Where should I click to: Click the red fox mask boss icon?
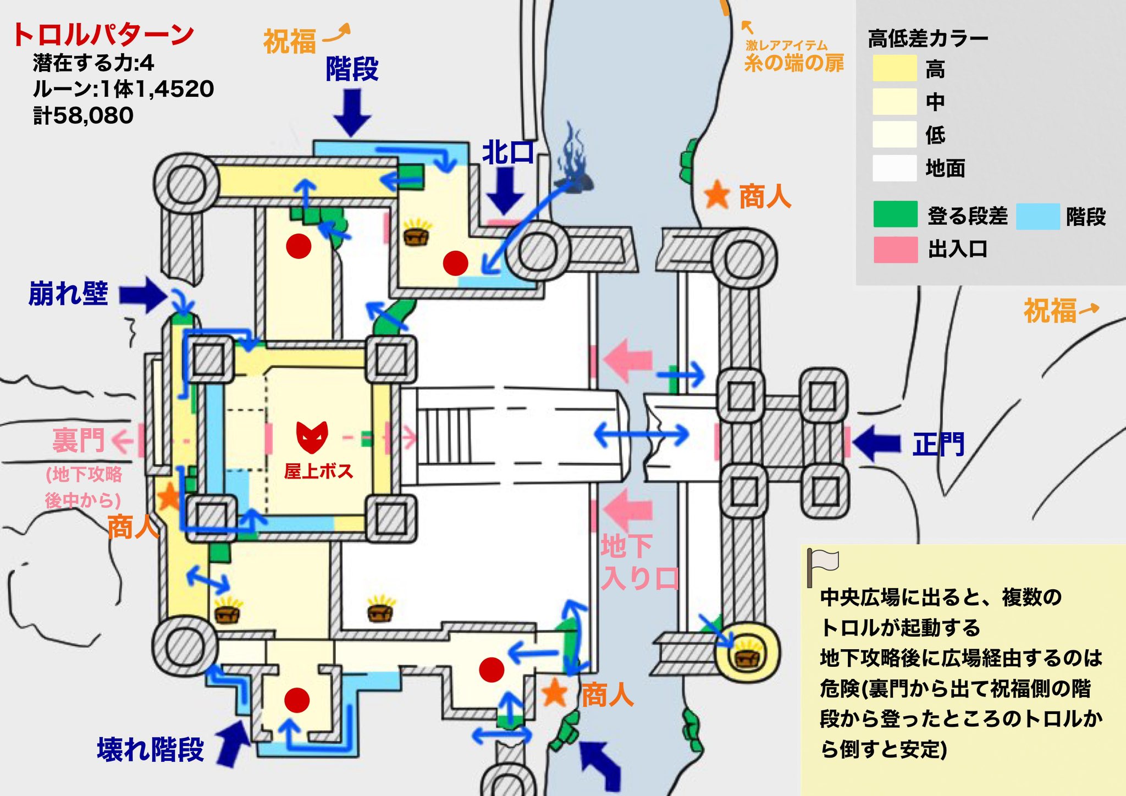coord(312,437)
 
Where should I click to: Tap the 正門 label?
coord(938,444)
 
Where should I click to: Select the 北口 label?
coord(508,152)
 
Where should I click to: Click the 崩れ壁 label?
coord(69,294)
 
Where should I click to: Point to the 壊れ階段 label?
coord(151,749)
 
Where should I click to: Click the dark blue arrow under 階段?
coord(352,112)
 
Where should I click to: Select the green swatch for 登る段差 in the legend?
coord(895,214)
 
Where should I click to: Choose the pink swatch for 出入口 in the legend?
coord(895,250)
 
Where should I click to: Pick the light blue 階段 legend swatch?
coord(1038,216)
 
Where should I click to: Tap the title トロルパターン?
coord(103,35)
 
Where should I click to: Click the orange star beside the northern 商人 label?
coord(717,195)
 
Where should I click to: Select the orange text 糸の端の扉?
coord(794,63)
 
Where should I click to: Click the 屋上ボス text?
coord(318,471)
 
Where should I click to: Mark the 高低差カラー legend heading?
coord(928,38)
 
